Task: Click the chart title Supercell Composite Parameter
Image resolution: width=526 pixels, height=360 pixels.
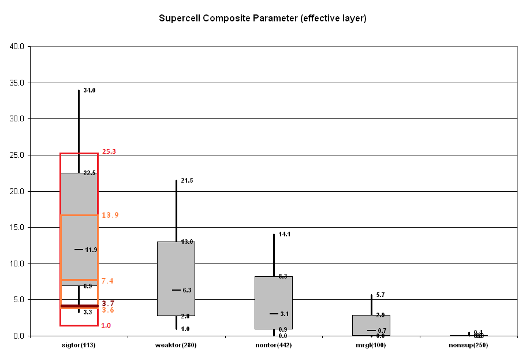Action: tap(263, 18)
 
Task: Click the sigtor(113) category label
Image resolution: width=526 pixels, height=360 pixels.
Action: tap(79, 346)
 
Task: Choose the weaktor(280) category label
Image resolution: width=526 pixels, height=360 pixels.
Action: tap(176, 346)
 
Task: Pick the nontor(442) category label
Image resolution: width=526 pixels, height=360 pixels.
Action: tap(274, 346)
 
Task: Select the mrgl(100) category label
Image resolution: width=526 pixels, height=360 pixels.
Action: tap(371, 346)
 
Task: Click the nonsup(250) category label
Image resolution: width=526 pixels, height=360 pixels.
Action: tap(468, 346)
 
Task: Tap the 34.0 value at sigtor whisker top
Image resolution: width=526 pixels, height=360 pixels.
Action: tap(89, 91)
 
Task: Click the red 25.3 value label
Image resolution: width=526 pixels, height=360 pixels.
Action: tap(109, 152)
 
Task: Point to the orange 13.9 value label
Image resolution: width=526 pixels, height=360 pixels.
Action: tap(110, 215)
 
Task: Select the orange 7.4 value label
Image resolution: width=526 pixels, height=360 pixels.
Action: tap(107, 281)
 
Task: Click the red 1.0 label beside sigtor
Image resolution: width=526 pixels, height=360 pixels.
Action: tap(106, 325)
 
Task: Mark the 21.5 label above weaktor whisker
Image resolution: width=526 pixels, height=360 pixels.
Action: tap(186, 181)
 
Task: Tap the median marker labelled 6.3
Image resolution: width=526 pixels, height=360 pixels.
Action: tap(177, 290)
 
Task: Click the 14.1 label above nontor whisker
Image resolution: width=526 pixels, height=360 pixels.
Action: tap(284, 235)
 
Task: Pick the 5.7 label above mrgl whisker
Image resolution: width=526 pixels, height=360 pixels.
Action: tap(380, 295)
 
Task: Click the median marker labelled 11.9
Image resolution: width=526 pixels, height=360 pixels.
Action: tap(79, 250)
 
